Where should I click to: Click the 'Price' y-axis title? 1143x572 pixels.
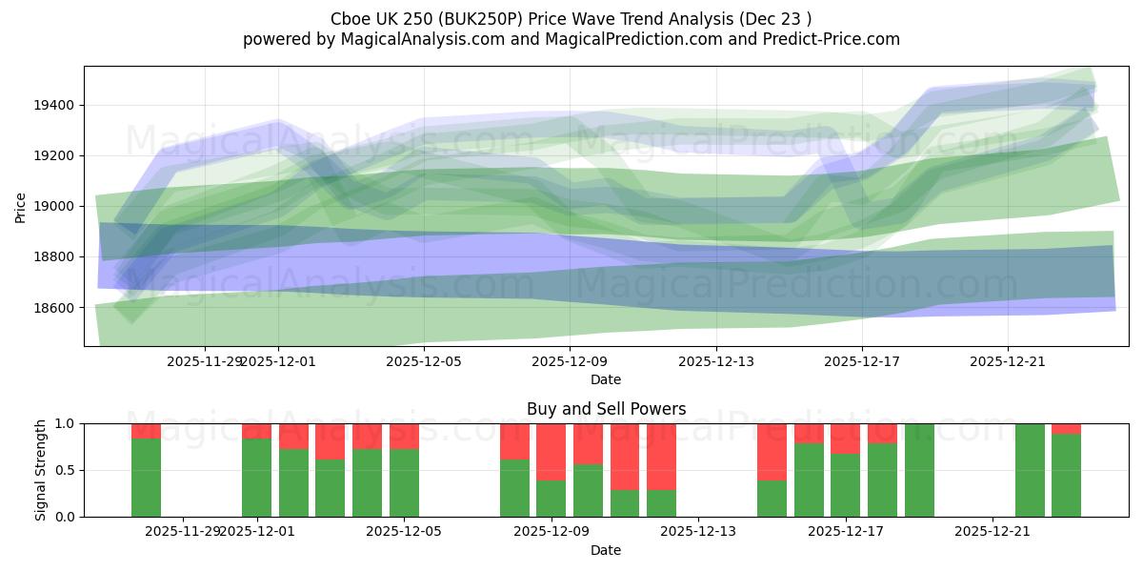(x=21, y=206)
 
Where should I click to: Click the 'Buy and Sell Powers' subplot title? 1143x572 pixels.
(x=606, y=409)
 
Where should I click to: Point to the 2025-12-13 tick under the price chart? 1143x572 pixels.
(x=715, y=361)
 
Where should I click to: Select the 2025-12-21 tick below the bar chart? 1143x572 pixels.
(x=993, y=531)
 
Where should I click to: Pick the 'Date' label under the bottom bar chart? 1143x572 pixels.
(x=606, y=550)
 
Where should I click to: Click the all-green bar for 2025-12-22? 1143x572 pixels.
(x=1030, y=470)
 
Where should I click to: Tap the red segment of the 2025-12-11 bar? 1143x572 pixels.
(x=624, y=456)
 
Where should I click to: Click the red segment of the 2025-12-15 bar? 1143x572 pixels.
(x=772, y=451)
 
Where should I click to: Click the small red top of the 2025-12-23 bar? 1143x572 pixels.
(x=1066, y=428)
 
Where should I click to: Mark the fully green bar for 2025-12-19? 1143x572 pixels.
(x=919, y=470)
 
